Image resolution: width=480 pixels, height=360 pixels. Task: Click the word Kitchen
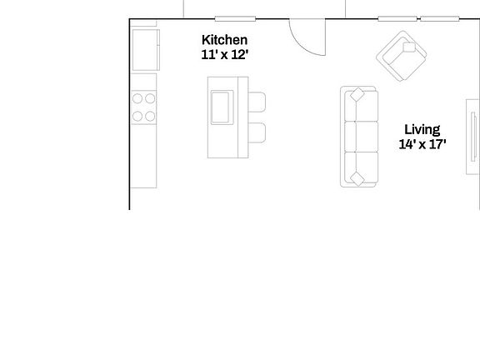(x=225, y=40)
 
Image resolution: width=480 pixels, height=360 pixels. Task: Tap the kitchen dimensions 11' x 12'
(x=225, y=55)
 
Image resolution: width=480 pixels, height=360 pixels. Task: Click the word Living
(x=422, y=129)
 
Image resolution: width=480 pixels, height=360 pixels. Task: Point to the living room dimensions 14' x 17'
(x=422, y=144)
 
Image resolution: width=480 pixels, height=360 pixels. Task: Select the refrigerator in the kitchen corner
(x=145, y=50)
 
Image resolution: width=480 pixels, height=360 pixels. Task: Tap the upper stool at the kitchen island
(x=257, y=102)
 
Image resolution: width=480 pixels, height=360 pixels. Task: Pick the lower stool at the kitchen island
(x=257, y=132)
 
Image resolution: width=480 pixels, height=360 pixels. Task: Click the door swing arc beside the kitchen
(x=307, y=37)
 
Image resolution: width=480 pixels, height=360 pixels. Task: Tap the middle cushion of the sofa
(x=360, y=137)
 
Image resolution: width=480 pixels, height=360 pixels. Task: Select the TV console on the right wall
(x=472, y=137)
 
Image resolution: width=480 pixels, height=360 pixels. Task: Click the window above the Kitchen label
(x=235, y=18)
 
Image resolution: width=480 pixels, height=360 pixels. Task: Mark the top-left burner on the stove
(x=138, y=97)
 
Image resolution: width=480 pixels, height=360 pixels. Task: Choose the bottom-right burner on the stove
(x=151, y=114)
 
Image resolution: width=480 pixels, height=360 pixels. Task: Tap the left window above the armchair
(x=397, y=18)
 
